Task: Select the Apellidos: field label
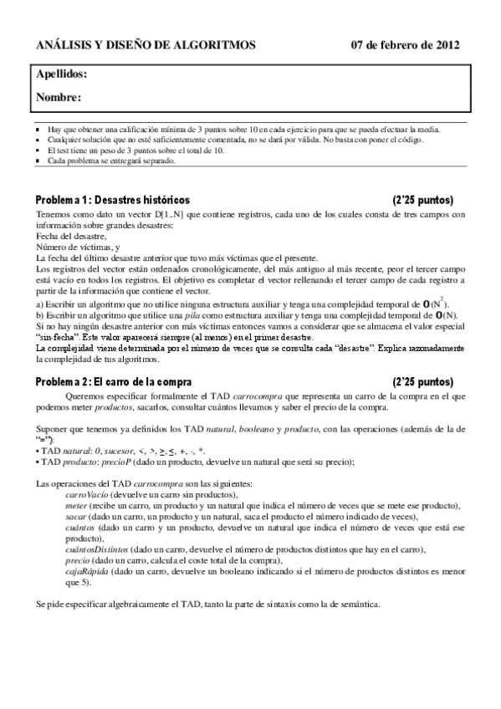click(62, 74)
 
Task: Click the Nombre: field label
click(59, 98)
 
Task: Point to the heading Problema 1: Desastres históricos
click(112, 201)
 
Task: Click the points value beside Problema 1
click(423, 201)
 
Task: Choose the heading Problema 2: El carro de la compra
click(116, 381)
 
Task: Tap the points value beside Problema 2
click(423, 381)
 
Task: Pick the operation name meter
click(76, 507)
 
